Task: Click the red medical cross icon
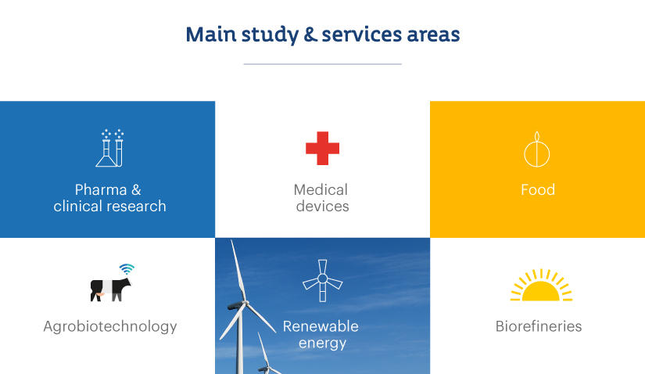click(x=322, y=149)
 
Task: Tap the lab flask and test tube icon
click(x=109, y=148)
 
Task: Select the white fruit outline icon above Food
click(x=537, y=149)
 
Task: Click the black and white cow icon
click(x=111, y=290)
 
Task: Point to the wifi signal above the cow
click(x=127, y=269)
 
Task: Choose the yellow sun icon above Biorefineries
click(x=541, y=285)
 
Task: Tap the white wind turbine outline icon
click(x=322, y=280)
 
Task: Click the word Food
click(x=538, y=190)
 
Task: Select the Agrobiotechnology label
click(x=110, y=326)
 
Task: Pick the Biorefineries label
click(x=539, y=326)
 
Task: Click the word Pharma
click(x=101, y=190)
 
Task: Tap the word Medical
click(x=321, y=190)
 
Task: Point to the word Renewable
click(x=321, y=326)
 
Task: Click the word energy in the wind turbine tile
click(x=322, y=343)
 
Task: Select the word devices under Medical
click(x=322, y=207)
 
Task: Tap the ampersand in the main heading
click(x=310, y=34)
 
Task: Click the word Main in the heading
click(x=210, y=34)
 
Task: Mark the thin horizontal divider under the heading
click(x=322, y=64)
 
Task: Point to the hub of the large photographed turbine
click(x=246, y=303)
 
